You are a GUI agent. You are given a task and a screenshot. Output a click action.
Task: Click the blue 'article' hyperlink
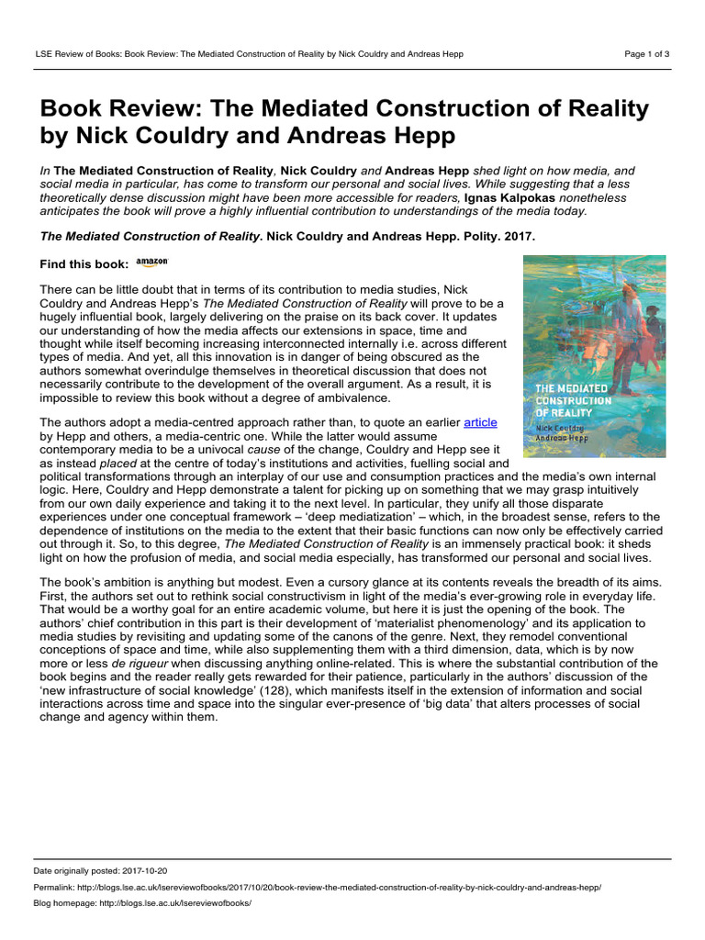481,422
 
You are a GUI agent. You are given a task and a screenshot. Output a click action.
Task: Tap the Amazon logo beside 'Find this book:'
152,263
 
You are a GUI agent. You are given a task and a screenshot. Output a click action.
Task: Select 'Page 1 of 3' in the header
647,53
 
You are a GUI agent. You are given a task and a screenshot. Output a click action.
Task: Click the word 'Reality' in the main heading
602,109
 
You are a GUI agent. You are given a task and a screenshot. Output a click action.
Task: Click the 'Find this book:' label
84,264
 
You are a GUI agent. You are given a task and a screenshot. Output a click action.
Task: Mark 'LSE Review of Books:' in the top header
80,53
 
